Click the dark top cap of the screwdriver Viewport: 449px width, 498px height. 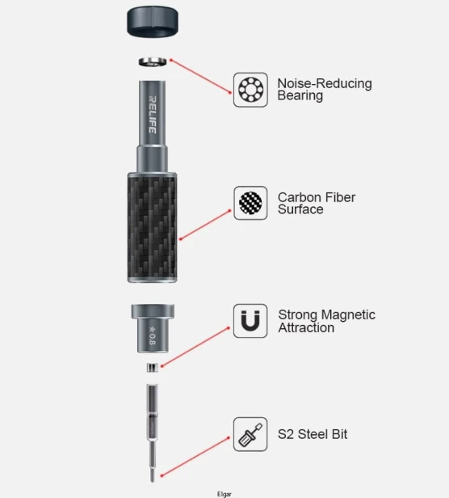153,21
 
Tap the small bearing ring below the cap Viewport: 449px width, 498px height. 153,61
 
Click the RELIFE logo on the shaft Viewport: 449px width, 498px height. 153,115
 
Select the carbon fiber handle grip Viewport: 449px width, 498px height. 153,227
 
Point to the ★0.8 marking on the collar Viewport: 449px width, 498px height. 153,336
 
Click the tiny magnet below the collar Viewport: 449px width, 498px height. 153,368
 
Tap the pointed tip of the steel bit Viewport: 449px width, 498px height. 153,480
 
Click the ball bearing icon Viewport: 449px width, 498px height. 250,90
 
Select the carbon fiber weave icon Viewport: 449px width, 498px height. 250,203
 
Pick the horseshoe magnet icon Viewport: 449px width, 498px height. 250,321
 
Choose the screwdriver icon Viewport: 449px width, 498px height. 250,434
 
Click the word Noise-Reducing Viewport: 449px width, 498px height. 325,83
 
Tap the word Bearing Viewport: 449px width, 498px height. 300,95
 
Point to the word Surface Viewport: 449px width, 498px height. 300,209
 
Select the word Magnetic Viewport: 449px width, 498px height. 348,314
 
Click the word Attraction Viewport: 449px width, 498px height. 306,327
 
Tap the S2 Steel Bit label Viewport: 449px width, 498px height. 313,434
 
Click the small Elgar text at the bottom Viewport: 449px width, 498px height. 224,494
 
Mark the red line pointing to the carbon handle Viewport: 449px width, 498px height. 206,225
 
